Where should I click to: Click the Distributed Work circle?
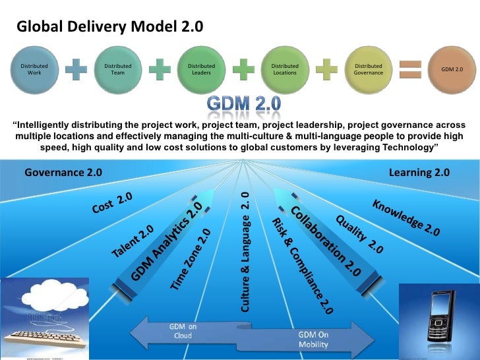click(x=34, y=69)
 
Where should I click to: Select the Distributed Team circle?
click(x=118, y=69)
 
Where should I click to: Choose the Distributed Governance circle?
click(x=369, y=69)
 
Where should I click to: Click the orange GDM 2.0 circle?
click(x=452, y=69)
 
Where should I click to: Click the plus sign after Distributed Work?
click(x=76, y=69)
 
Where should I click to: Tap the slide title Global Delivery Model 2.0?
click(x=109, y=27)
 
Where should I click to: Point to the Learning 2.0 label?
click(x=419, y=173)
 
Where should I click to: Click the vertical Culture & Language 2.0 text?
click(x=245, y=251)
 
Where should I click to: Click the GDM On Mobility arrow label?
click(x=314, y=339)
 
